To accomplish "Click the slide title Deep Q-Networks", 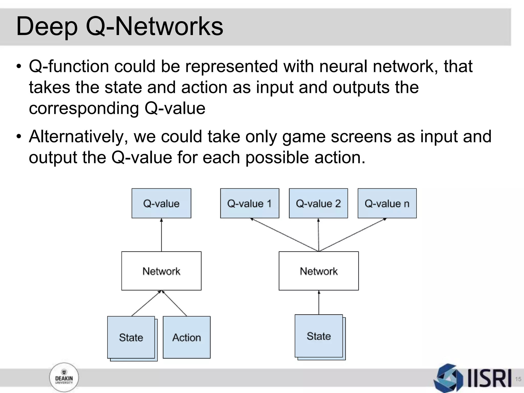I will point(119,26).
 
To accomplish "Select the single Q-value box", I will point(161,203).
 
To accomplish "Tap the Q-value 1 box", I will point(249,203).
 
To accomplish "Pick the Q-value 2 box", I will point(318,203).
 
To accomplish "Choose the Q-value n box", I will point(387,203).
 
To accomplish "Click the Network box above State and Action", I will point(161,271).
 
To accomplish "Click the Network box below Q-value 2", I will point(319,271).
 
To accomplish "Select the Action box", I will point(187,337).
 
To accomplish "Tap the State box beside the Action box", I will point(131,337).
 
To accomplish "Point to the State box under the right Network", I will point(319,336).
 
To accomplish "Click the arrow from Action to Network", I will point(175,304).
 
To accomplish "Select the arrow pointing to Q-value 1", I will point(284,234).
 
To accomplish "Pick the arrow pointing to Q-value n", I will point(353,234).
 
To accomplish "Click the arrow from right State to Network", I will point(319,302).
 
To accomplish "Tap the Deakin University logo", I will point(64,377).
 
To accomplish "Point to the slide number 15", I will point(518,379).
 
